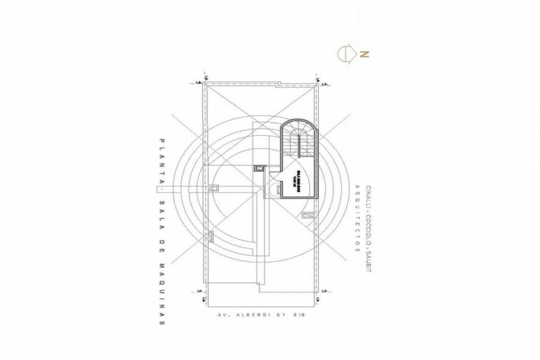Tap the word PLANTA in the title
coord(161,161)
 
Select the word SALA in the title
coord(161,211)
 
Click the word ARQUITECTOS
coord(357,219)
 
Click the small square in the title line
coord(161,190)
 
